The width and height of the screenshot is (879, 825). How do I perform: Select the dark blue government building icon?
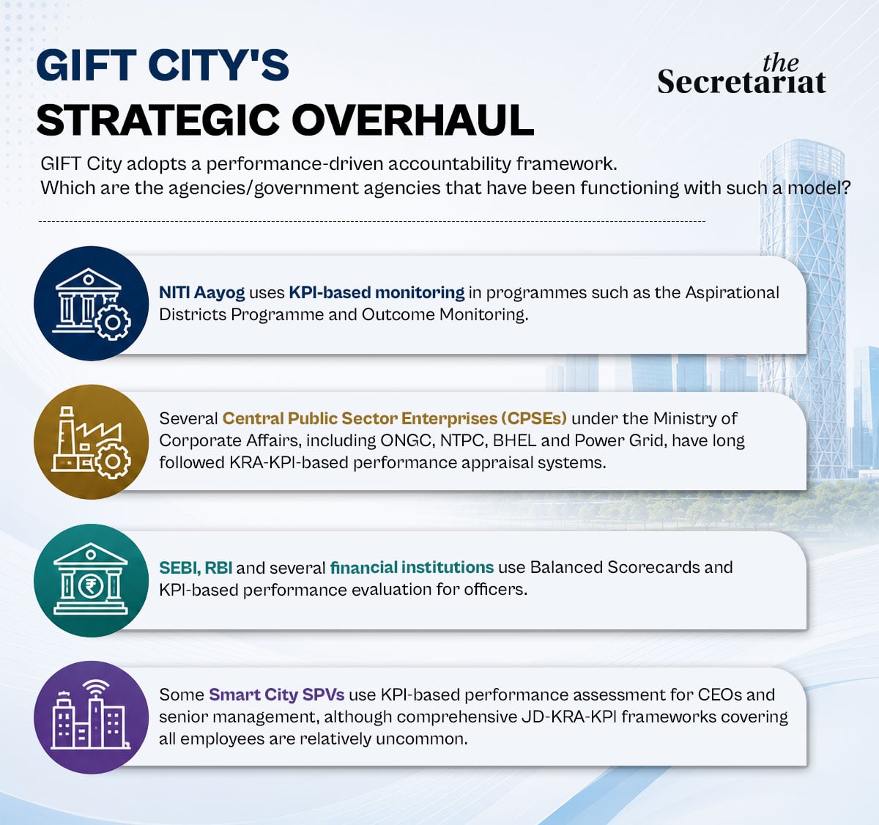91,303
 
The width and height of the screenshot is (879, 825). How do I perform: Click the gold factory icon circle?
91,442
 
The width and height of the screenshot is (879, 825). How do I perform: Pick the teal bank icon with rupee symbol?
91,580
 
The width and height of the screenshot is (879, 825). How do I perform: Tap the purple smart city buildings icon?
91,717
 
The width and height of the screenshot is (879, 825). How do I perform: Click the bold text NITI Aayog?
202,293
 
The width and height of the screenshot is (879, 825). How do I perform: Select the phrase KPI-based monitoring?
377,293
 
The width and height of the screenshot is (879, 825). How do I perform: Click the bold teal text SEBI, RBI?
196,568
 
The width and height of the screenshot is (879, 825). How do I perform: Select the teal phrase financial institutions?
412,567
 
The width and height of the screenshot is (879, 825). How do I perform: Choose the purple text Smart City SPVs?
277,695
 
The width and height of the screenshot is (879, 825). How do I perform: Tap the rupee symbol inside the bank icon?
91,586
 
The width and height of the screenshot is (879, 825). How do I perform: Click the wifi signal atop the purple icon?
96,688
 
